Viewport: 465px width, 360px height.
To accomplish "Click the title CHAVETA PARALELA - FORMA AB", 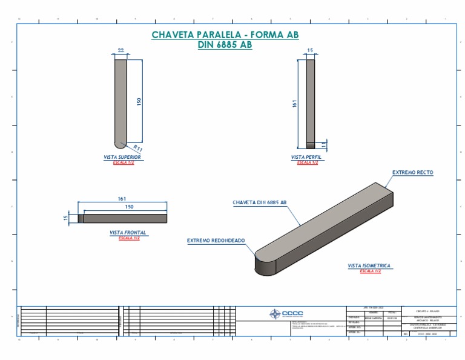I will (225, 35).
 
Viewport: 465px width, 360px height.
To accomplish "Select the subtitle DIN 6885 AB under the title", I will (225, 45).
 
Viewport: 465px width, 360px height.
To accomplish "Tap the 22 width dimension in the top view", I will (120, 50).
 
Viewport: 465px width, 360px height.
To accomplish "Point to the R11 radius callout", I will (137, 147).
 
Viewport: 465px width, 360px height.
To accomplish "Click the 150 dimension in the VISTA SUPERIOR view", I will (139, 101).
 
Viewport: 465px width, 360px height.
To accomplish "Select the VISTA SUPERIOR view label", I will (122, 157).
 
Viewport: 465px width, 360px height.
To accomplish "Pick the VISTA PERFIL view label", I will (306, 157).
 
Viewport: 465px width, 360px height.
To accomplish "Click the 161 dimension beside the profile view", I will (295, 104).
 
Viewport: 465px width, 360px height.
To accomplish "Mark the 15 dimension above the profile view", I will (310, 50).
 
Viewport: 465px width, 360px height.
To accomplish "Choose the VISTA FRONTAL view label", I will (128, 233).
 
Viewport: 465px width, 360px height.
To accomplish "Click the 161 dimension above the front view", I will (122, 199).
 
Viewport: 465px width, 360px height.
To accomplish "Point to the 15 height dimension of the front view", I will (66, 218).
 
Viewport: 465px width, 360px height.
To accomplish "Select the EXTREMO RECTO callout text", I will (412, 173).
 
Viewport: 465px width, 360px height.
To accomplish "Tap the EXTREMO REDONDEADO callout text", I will (216, 241).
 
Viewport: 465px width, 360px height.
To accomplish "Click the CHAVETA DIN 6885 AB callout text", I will (259, 202).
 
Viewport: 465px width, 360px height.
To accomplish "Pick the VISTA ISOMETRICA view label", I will (369, 265).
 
